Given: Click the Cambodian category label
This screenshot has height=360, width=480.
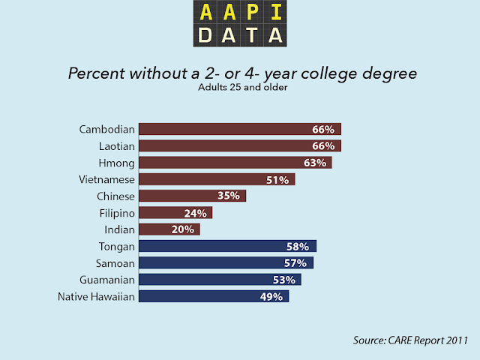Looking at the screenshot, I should point(106,129).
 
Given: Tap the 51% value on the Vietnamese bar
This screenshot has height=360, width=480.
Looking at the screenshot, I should point(277,179).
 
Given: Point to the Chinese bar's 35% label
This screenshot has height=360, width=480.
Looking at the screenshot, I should point(229,196).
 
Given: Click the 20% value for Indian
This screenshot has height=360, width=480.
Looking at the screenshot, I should point(182,229).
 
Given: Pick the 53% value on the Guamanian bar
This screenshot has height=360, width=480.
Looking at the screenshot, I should point(283,280).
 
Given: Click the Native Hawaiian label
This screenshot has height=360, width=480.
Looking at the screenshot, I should point(96,297).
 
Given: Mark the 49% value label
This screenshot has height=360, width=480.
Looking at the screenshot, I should point(271,297).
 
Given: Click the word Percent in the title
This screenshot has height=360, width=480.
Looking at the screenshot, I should point(93,74).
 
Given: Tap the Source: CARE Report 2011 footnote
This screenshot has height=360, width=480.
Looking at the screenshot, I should point(411,340).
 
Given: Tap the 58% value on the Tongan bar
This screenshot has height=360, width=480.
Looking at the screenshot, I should point(298,246).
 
